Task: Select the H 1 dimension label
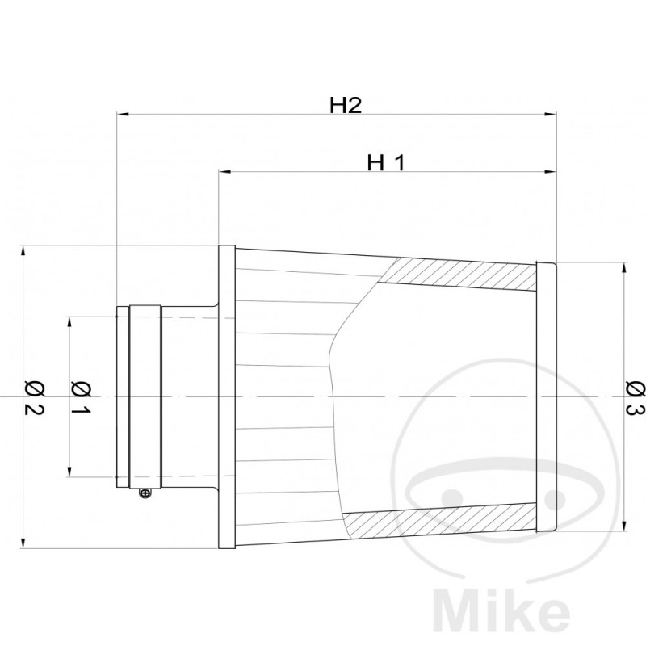coord(385,162)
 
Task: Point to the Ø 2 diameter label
coord(33,396)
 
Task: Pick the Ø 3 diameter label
coord(634,397)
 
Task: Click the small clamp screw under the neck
coord(145,493)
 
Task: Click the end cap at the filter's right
coord(547,397)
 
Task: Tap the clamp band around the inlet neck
coord(145,397)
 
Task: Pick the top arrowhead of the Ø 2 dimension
coord(24,252)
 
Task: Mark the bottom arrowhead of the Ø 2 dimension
coord(24,543)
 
